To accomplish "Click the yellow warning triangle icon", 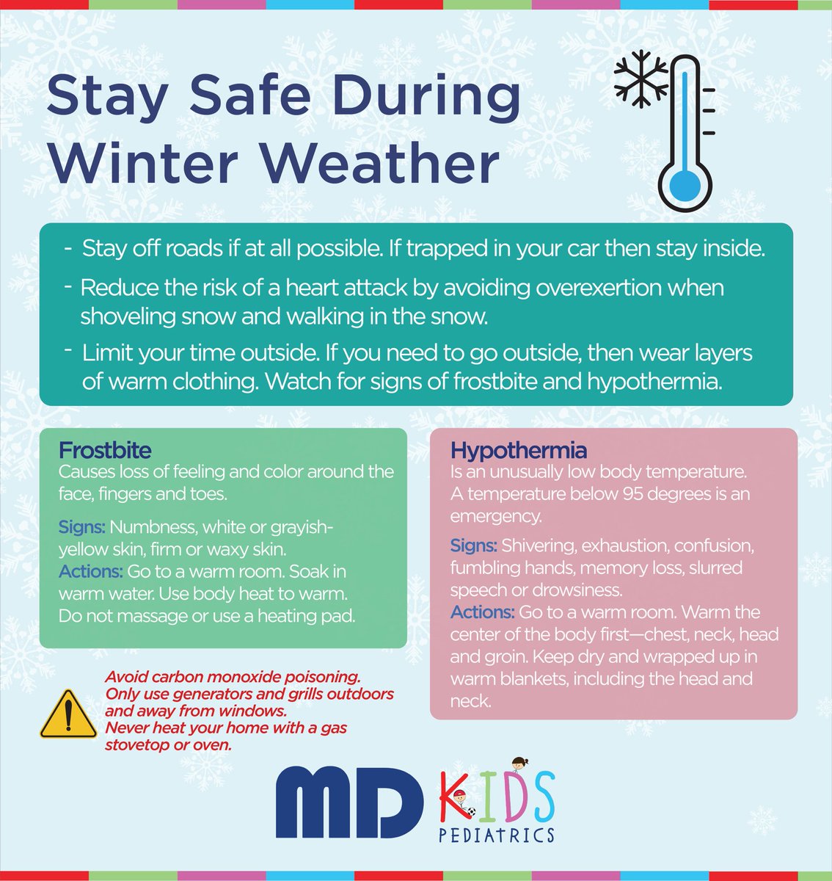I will click(67, 714).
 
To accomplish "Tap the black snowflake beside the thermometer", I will click(641, 76).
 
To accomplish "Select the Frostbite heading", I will click(104, 449).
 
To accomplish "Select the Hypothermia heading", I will click(518, 449).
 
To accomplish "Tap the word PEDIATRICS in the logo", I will click(496, 835).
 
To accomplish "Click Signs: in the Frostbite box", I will click(82, 526).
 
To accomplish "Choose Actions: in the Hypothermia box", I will click(482, 612).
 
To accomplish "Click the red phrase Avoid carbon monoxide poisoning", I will click(232, 677).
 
